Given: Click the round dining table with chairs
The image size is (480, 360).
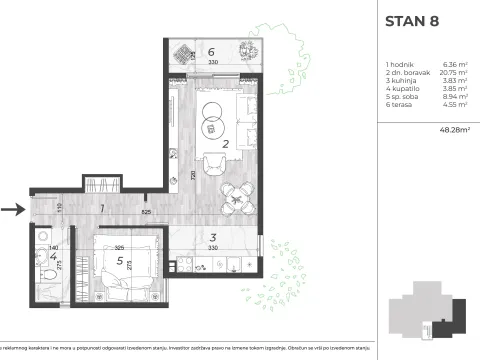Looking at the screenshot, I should pyautogui.click(x=236, y=200).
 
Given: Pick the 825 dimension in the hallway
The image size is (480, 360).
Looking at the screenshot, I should pyautogui.click(x=146, y=212).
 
